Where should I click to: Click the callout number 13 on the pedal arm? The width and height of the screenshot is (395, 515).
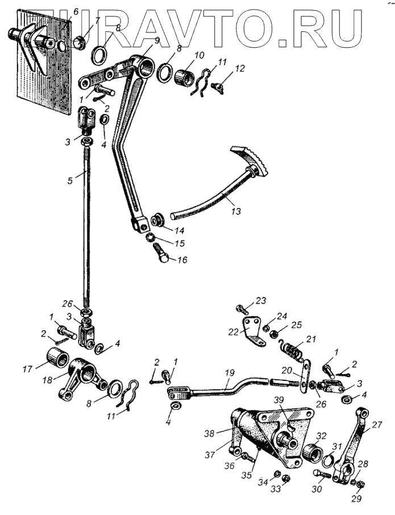pos(235,210)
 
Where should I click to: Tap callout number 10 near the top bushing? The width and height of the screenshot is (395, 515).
pos(198,55)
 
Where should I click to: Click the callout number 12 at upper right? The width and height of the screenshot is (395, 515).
pos(240,68)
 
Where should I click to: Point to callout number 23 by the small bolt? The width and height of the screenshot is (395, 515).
pos(261,300)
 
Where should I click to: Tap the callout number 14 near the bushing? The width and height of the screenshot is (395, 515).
pos(180,231)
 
